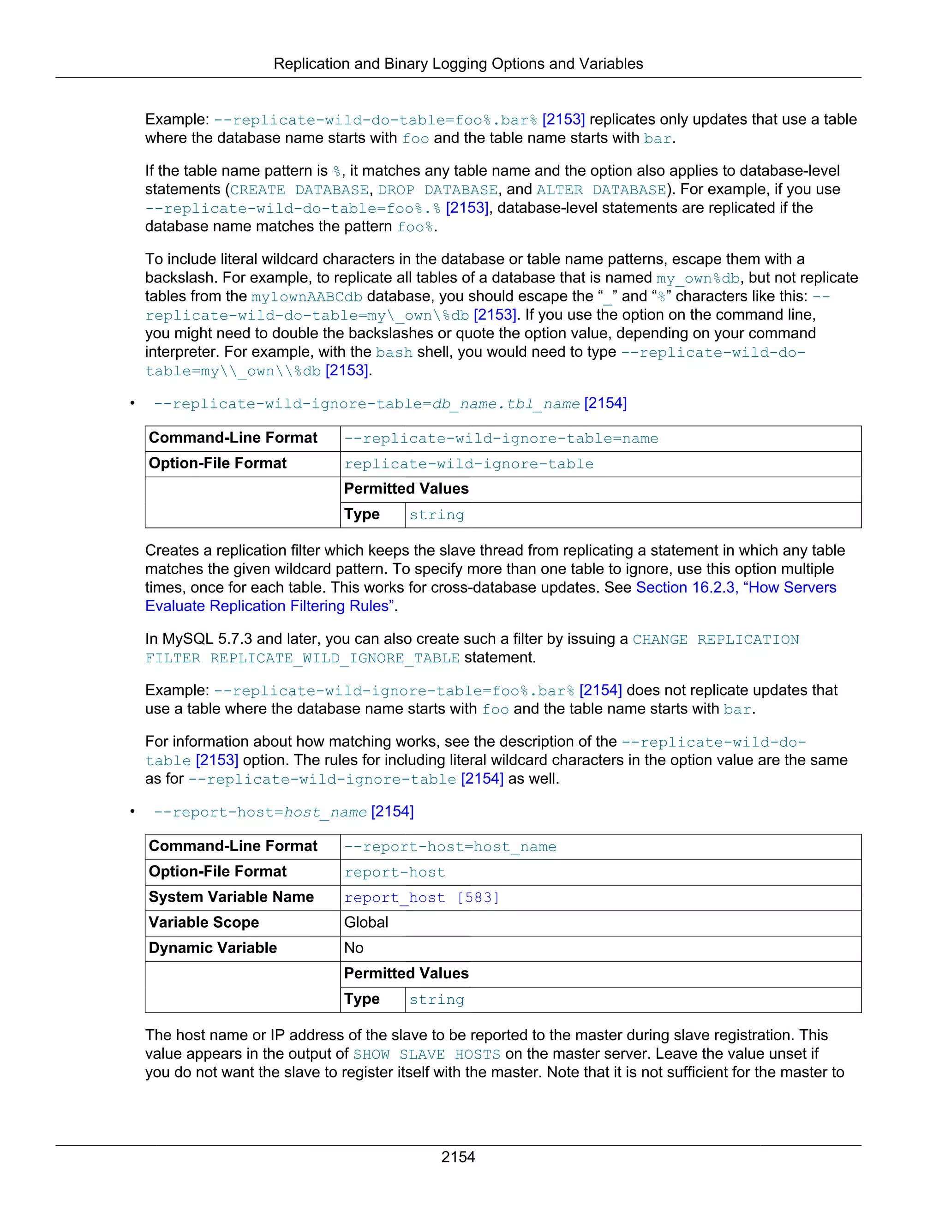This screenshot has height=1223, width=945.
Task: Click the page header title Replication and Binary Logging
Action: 458,64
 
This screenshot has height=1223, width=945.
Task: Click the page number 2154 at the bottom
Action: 458,1157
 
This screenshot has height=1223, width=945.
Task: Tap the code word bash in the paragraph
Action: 394,353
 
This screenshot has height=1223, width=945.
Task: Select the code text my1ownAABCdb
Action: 307,297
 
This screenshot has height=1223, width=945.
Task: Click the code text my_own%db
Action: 698,278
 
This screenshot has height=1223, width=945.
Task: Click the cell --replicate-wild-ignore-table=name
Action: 501,439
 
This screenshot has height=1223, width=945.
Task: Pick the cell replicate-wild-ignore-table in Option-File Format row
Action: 469,464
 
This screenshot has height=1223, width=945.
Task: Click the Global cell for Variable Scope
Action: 366,922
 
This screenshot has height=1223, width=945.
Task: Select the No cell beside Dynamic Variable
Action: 354,948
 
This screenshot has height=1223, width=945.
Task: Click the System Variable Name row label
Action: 231,897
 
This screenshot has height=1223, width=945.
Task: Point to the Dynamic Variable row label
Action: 213,948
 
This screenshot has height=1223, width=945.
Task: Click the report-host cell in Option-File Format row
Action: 395,872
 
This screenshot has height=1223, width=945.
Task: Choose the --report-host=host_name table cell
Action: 450,847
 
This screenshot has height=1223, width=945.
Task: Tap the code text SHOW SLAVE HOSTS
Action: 427,1055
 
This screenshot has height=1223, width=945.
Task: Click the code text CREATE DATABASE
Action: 299,190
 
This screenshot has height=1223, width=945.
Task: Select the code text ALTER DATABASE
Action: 601,190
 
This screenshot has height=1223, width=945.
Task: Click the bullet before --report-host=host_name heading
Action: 133,812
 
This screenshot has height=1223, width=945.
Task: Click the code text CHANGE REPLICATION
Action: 716,640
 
